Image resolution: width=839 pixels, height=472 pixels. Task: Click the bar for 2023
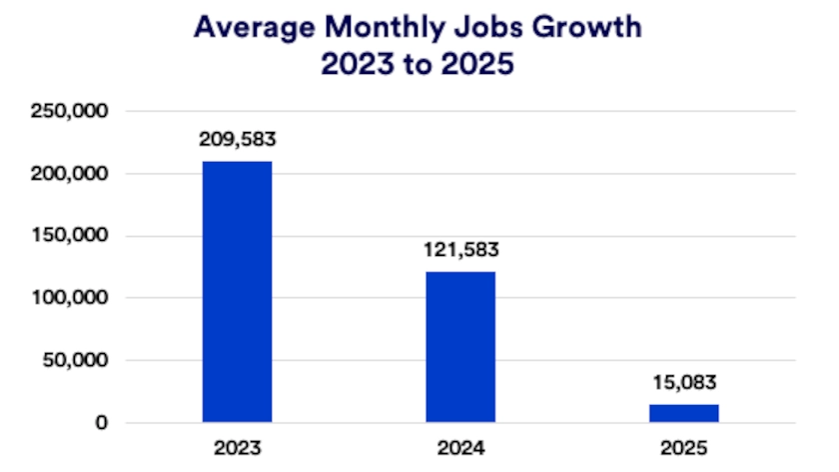pyautogui.click(x=237, y=291)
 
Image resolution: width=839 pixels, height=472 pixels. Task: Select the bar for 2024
pyautogui.click(x=460, y=346)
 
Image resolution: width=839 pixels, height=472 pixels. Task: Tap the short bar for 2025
pyautogui.click(x=684, y=412)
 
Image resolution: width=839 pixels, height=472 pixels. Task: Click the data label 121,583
pyautogui.click(x=460, y=251)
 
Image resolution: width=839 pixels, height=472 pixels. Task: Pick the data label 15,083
pyautogui.click(x=684, y=383)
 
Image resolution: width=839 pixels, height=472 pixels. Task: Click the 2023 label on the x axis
pyautogui.click(x=237, y=447)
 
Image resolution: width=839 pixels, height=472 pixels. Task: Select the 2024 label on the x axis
pyautogui.click(x=460, y=447)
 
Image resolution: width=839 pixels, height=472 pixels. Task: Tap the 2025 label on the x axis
pyautogui.click(x=684, y=447)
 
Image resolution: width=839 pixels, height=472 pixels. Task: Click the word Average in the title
pyautogui.click(x=245, y=27)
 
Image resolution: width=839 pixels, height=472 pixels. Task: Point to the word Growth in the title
pyautogui.click(x=583, y=27)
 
